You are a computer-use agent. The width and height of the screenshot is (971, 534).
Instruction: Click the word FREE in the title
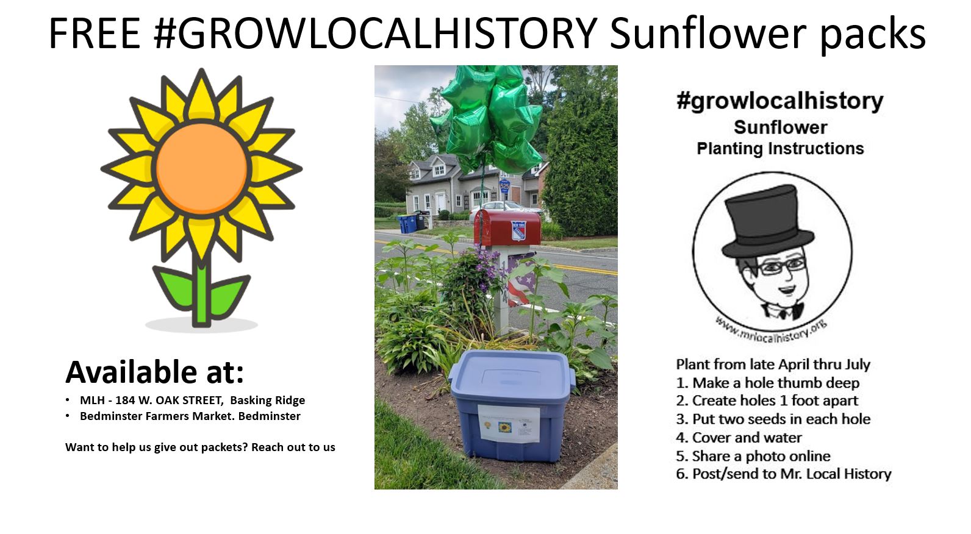coord(95,33)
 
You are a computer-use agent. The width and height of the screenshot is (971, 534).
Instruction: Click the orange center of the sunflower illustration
coord(201,168)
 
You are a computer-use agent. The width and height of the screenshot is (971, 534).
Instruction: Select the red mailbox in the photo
coord(507,227)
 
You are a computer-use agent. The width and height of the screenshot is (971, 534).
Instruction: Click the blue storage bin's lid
coord(512,375)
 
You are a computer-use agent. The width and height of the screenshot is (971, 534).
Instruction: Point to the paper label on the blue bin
coord(509,424)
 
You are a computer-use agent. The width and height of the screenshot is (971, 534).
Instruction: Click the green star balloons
coord(488,117)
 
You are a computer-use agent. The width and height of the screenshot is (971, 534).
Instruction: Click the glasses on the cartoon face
coord(783,266)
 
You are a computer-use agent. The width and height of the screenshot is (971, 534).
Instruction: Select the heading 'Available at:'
coord(155,372)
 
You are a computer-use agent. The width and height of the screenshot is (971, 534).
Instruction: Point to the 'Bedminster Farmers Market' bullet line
coord(190,416)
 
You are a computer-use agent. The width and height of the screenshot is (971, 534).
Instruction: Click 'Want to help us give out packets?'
coord(157,447)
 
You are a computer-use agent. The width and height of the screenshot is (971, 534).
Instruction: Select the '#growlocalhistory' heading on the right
coord(780,102)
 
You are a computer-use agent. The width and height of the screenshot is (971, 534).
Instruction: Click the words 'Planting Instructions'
coord(780,149)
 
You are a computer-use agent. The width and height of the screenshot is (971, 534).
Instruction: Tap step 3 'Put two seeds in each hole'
coord(773,419)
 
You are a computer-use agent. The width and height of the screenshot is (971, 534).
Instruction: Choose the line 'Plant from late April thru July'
coord(773,365)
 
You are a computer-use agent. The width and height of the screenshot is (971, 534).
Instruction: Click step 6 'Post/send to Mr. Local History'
coord(784,474)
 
